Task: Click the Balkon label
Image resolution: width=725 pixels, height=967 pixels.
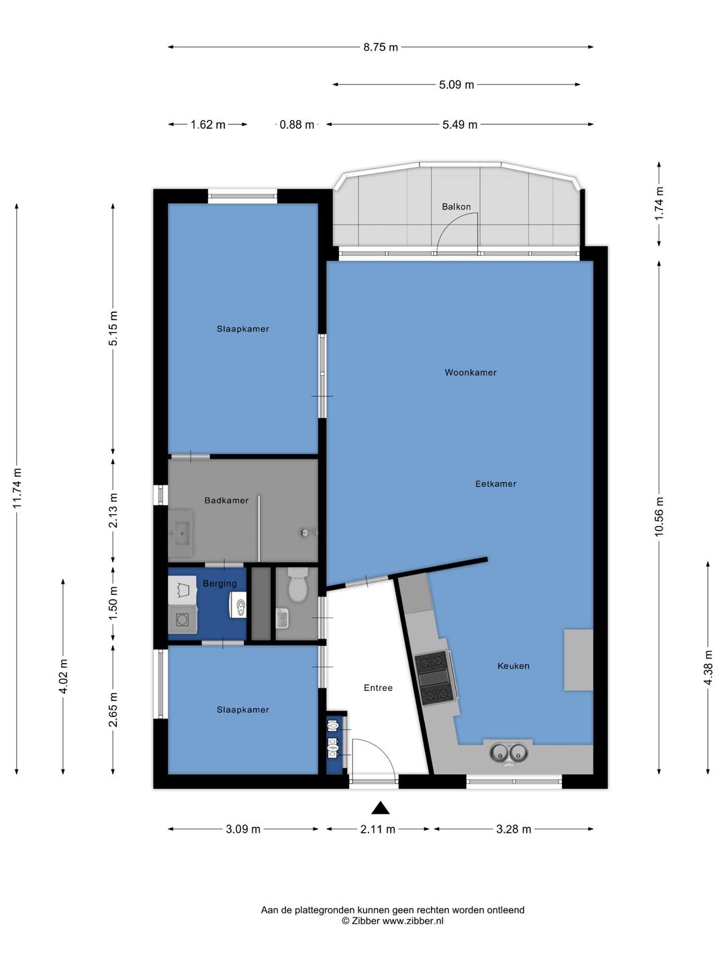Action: click(x=456, y=207)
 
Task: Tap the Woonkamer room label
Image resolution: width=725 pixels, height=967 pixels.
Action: click(x=470, y=373)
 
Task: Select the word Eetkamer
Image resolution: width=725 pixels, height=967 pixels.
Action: click(x=495, y=483)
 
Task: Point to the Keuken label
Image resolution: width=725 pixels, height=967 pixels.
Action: click(x=513, y=665)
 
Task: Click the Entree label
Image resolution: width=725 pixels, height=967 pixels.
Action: click(x=378, y=688)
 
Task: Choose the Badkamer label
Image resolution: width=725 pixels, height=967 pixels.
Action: click(x=226, y=500)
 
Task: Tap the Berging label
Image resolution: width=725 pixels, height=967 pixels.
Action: click(x=220, y=584)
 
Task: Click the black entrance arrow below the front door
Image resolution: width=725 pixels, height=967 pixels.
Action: click(x=381, y=809)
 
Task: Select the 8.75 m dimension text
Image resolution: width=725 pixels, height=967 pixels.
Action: click(x=381, y=47)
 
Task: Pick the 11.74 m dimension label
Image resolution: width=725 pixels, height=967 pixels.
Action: click(x=17, y=488)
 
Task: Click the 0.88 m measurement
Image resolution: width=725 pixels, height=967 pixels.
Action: click(x=297, y=125)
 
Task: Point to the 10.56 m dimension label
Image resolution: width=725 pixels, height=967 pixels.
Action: click(x=659, y=516)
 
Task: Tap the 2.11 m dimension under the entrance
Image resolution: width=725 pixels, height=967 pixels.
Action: click(x=378, y=829)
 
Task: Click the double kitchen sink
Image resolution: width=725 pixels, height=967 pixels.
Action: click(x=508, y=753)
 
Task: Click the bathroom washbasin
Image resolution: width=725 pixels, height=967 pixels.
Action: click(x=181, y=533)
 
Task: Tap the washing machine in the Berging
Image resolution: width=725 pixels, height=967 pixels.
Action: click(x=182, y=620)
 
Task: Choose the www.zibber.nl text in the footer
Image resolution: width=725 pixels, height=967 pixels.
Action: click(x=412, y=921)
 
